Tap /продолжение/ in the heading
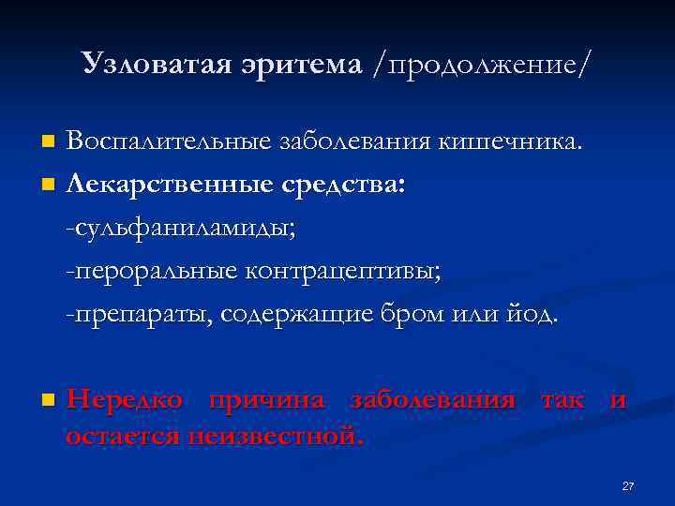tap(482, 64)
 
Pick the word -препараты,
tap(139, 313)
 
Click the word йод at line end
tap(531, 313)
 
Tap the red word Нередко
tap(126, 399)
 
